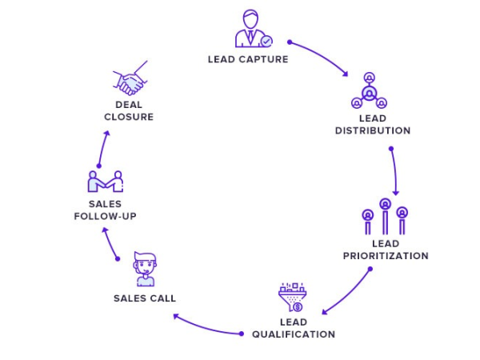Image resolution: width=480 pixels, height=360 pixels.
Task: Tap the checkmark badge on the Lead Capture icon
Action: (266, 41)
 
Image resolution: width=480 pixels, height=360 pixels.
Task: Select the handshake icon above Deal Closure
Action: (130, 78)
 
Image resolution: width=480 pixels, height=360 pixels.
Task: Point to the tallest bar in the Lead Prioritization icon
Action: (385, 217)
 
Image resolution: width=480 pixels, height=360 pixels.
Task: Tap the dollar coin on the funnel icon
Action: (298, 306)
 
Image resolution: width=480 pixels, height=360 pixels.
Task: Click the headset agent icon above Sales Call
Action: (145, 269)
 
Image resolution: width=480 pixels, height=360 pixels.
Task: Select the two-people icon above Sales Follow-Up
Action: (106, 182)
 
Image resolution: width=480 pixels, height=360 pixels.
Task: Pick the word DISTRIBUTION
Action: (373, 130)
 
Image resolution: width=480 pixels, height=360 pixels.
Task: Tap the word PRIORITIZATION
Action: (386, 256)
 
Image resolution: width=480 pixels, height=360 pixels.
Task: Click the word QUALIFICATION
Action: (294, 334)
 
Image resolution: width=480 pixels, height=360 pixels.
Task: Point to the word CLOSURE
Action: (129, 117)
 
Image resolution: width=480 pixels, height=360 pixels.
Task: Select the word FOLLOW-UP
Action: (105, 217)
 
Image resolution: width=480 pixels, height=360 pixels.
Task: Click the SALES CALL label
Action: (145, 298)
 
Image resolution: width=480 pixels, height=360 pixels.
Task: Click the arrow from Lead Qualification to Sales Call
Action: (206, 328)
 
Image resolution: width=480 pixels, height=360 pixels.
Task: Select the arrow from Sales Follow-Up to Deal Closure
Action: (102, 148)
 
